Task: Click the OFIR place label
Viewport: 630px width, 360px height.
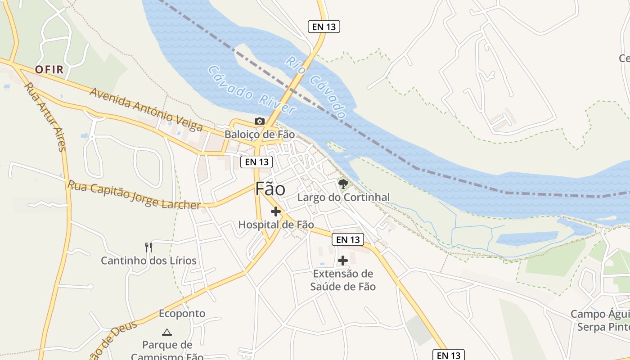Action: coord(49,70)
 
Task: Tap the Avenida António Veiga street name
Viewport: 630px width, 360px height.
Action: coord(146,109)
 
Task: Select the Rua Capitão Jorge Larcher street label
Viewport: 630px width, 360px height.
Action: coord(134,195)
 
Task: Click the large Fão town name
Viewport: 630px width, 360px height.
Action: coord(270,189)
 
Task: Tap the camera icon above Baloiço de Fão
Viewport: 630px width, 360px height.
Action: coord(260,121)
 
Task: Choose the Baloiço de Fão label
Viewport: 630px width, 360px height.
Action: coord(260,134)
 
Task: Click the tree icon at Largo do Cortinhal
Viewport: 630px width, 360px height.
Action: coord(343,184)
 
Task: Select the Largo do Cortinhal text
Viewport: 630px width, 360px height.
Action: coord(343,197)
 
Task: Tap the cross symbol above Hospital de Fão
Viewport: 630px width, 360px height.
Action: coord(276,211)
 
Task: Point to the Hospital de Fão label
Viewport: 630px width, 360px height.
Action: coord(276,224)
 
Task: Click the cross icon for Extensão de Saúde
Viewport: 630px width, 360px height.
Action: coord(343,261)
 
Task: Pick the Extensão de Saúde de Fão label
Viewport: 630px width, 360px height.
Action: coord(343,280)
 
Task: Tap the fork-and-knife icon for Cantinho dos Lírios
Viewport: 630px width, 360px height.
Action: coord(148,247)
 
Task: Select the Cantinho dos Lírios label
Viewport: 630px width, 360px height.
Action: coord(148,261)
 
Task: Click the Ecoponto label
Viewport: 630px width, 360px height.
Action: coord(182,313)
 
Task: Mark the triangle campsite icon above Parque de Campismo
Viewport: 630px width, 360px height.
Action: coord(167,333)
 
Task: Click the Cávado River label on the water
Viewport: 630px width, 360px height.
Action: coord(252,90)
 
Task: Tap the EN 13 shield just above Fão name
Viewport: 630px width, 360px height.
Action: coord(256,162)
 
